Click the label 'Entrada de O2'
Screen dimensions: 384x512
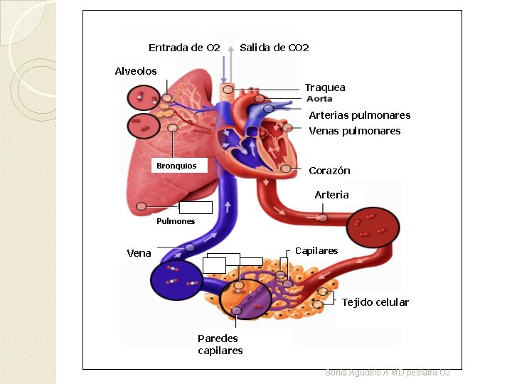(x=184, y=48)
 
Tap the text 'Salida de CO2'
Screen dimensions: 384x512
(x=274, y=48)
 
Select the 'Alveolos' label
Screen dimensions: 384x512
(x=136, y=71)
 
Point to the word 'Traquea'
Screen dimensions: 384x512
(x=325, y=87)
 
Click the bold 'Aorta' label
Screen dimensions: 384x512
(x=319, y=99)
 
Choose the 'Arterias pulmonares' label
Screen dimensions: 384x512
(x=359, y=115)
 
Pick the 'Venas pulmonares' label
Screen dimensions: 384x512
(x=355, y=131)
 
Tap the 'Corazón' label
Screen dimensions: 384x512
(x=329, y=171)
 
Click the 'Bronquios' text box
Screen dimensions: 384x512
(x=176, y=166)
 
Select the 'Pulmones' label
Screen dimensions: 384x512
(x=175, y=221)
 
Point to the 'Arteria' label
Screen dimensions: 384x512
(x=331, y=195)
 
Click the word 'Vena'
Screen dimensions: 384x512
(x=139, y=253)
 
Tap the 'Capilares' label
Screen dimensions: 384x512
(x=316, y=250)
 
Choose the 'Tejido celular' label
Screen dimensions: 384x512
(x=375, y=302)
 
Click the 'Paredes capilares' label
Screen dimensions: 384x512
(x=220, y=344)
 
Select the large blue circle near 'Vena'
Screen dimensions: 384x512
(x=176, y=280)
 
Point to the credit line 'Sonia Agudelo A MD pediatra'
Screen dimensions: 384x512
(x=387, y=372)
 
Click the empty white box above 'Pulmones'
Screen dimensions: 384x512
(x=196, y=208)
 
